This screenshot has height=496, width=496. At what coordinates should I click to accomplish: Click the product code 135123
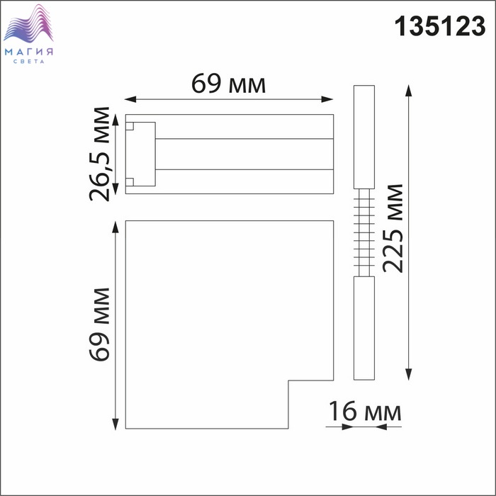tap(440, 26)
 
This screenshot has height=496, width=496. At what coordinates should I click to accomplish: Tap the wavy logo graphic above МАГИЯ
tap(28, 23)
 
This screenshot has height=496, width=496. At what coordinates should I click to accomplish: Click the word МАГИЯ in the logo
tap(29, 52)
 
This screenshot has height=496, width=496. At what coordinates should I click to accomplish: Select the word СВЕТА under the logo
tap(29, 62)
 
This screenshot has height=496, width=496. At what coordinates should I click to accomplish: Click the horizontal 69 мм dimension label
tap(228, 84)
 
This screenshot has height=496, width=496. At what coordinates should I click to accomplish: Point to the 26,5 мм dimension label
tap(99, 154)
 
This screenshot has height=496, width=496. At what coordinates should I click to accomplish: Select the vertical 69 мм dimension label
tap(99, 325)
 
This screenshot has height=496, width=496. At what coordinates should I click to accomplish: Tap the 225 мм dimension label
tap(393, 228)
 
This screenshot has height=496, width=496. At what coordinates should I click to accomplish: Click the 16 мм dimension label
tap(365, 411)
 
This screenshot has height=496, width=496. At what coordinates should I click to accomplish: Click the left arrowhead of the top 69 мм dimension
tap(130, 99)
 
